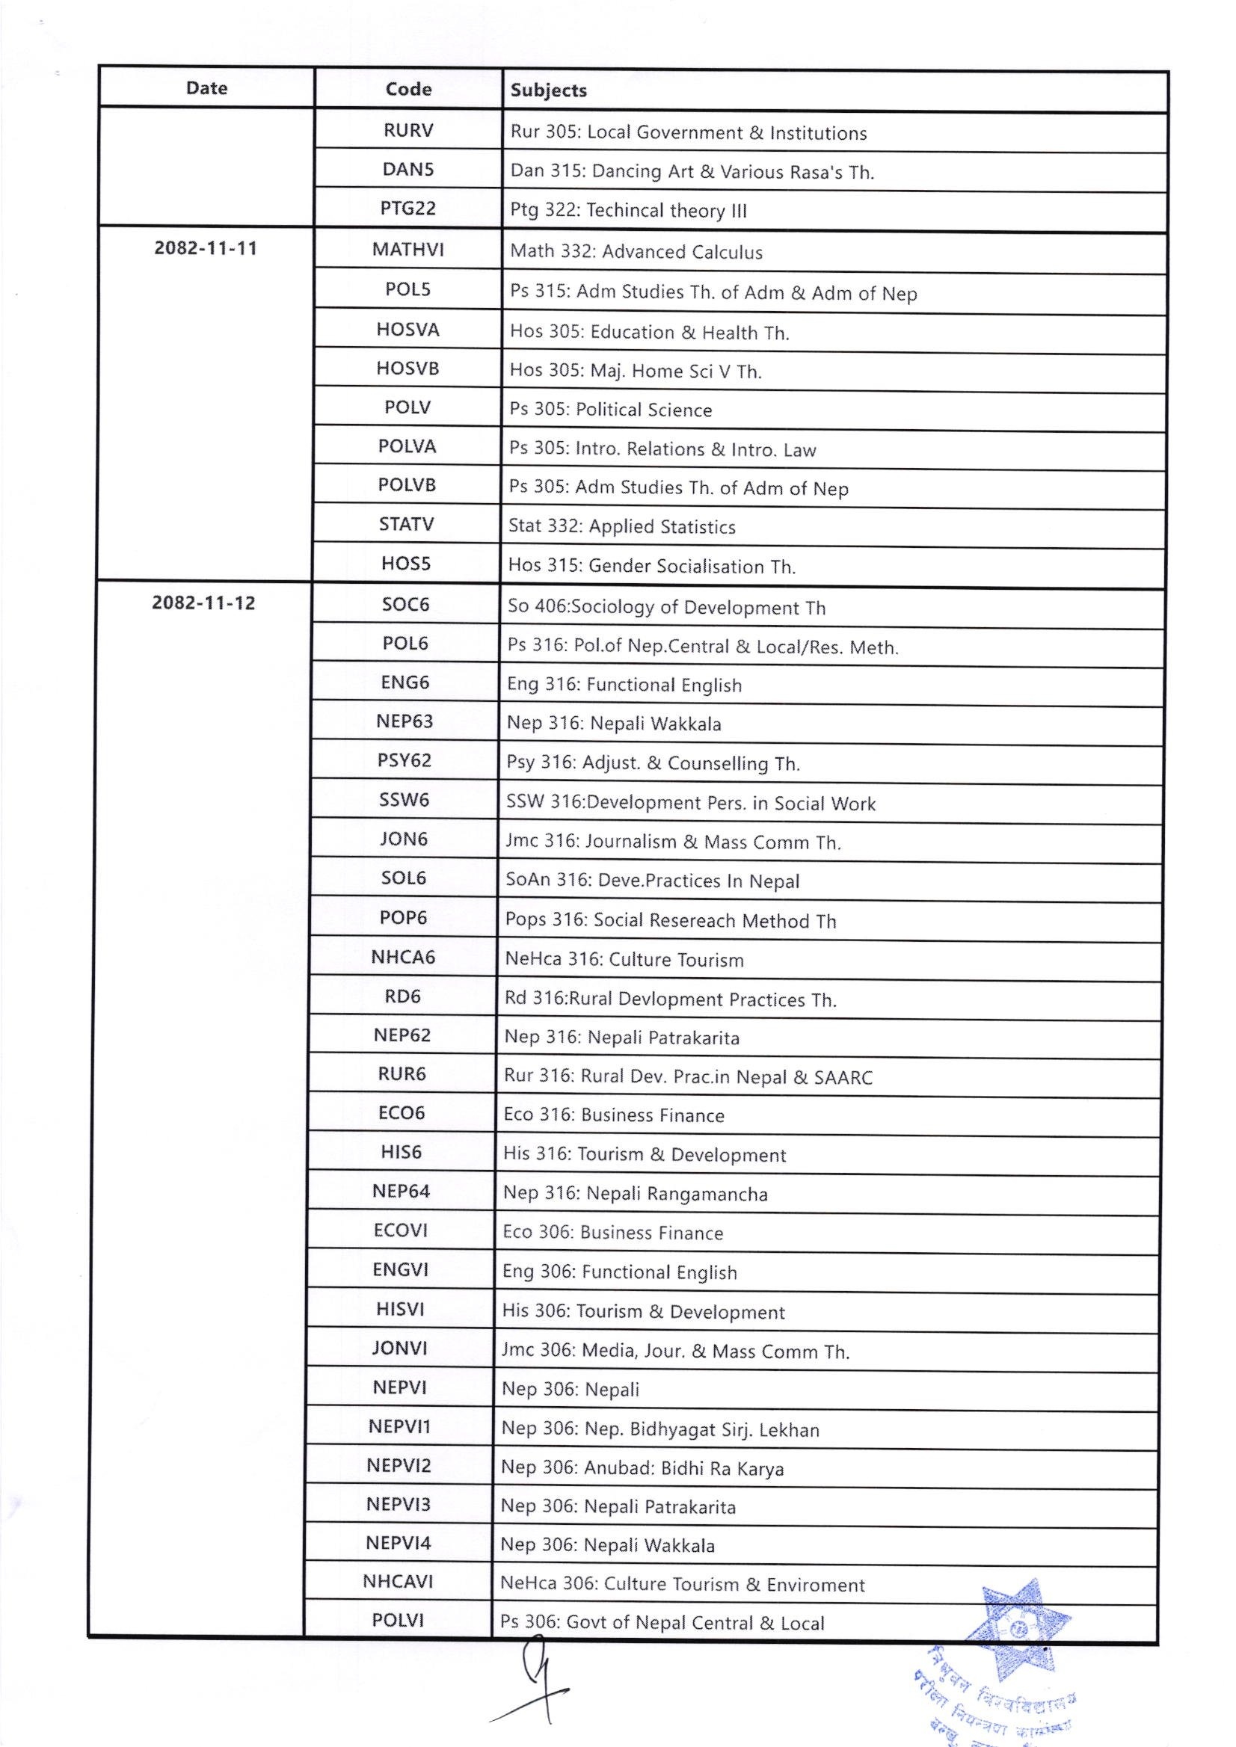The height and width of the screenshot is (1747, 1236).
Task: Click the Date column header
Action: pyautogui.click(x=206, y=88)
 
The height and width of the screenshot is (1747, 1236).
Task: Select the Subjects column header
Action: pyautogui.click(x=548, y=90)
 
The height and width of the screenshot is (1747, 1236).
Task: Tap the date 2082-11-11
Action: pyautogui.click(x=206, y=248)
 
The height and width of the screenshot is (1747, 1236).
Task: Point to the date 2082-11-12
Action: pyautogui.click(x=204, y=603)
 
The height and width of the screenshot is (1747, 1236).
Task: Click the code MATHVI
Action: pyautogui.click(x=408, y=250)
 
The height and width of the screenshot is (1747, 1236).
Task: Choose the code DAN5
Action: pyautogui.click(x=408, y=169)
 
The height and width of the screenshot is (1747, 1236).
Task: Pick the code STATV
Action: pyautogui.click(x=407, y=524)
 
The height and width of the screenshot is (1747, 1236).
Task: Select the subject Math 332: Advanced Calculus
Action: pyautogui.click(x=636, y=252)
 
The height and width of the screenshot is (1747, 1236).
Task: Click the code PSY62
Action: pyautogui.click(x=404, y=760)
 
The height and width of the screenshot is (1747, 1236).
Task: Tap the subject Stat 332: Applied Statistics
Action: pyautogui.click(x=622, y=526)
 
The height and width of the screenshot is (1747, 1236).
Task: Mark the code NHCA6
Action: pyautogui.click(x=402, y=956)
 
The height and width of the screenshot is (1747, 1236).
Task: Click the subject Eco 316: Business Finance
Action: pyautogui.click(x=613, y=1115)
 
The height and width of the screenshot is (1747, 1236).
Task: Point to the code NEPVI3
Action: pyautogui.click(x=399, y=1504)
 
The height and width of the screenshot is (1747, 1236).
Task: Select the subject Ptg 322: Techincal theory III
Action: pyautogui.click(x=629, y=211)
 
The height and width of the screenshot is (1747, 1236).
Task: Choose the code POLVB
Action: pyautogui.click(x=408, y=484)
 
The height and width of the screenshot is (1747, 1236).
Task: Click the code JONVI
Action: pyautogui.click(x=399, y=1349)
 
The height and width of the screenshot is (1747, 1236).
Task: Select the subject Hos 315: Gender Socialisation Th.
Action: pyautogui.click(x=652, y=566)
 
